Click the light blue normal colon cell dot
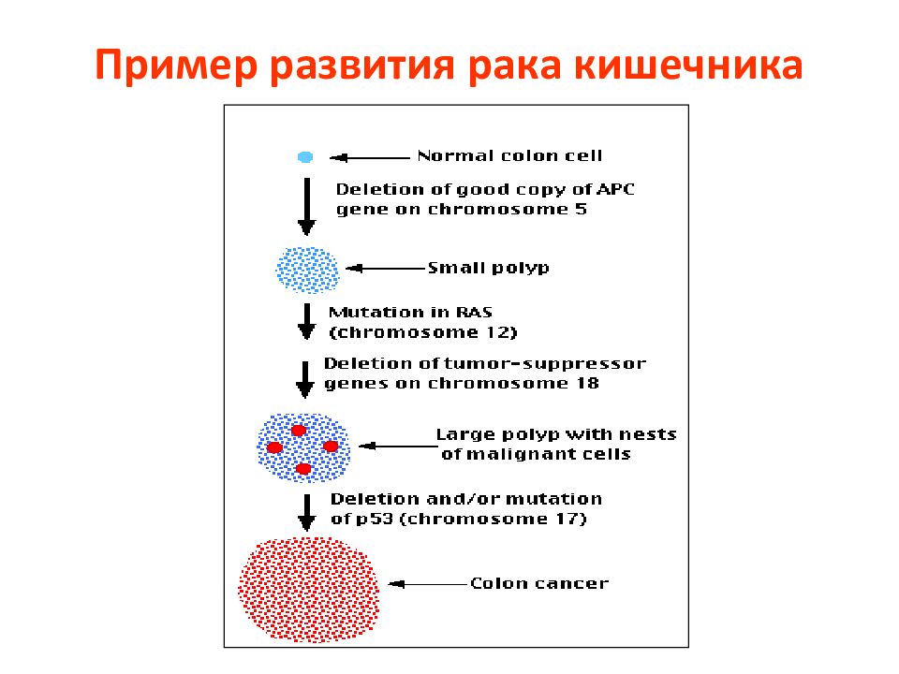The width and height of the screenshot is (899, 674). point(305,157)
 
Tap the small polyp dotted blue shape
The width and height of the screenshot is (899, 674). point(308,270)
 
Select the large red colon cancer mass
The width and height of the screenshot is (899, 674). point(308,589)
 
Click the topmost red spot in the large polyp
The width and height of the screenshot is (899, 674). point(299,431)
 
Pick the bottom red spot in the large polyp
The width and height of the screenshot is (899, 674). point(303,469)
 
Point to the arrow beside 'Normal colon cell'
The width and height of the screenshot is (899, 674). point(370,157)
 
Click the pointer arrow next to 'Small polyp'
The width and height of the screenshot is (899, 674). point(386,269)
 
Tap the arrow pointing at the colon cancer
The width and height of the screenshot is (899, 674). point(428,584)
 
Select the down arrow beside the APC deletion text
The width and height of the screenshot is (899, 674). point(307,206)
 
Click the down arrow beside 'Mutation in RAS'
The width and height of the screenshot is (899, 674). point(307,321)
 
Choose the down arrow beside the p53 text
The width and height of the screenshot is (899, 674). point(307,513)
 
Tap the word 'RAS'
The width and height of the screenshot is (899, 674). point(474,313)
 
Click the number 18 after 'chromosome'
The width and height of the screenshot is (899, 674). point(588,383)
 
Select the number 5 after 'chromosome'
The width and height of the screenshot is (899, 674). point(581,209)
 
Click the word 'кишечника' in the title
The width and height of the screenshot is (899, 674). point(688,65)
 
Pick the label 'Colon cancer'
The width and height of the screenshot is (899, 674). point(539,583)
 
